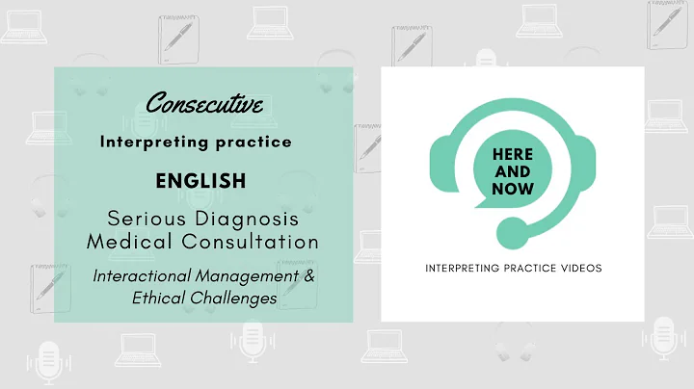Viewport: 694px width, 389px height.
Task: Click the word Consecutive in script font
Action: click(x=205, y=103)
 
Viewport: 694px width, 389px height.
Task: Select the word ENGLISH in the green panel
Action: click(x=205, y=180)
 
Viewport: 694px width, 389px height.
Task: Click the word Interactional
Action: click(x=138, y=276)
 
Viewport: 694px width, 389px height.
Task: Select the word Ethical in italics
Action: click(x=154, y=298)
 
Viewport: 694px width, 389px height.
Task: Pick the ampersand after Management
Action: click(x=308, y=276)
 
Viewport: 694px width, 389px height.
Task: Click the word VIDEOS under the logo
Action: click(x=578, y=268)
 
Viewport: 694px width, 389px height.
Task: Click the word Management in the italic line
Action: click(x=241, y=276)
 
